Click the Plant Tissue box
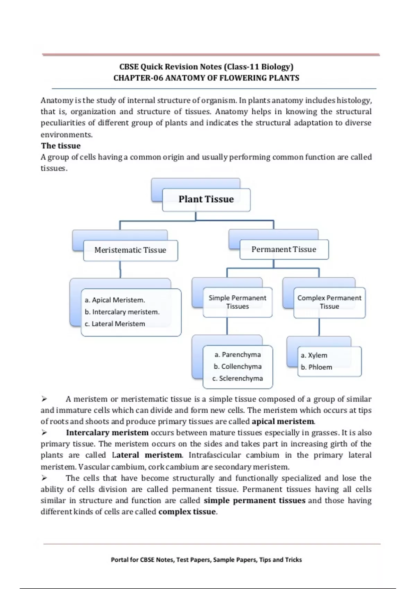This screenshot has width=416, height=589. click(206, 200)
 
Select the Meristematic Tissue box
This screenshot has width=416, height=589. click(130, 250)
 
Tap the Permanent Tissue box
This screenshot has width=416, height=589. click(284, 249)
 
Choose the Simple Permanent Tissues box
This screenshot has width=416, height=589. click(237, 302)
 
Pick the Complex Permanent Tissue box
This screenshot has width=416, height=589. click(329, 302)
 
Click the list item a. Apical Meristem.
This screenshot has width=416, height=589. click(115, 300)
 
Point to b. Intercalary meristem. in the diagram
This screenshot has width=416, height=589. click(122, 312)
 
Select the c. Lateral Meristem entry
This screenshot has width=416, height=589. click(115, 324)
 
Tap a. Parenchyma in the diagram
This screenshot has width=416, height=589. click(237, 355)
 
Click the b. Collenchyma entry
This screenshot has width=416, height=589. click(237, 367)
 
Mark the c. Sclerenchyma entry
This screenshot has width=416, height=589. click(237, 378)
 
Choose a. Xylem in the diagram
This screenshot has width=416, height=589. click(314, 355)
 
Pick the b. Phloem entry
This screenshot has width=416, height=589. click(316, 367)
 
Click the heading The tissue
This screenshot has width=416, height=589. click(61, 146)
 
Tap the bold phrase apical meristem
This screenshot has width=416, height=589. click(283, 422)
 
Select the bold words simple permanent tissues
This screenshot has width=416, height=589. click(254, 501)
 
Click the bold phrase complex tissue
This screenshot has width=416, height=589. click(187, 512)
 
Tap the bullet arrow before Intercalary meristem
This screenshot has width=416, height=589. click(44, 433)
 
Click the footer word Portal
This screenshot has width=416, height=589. click(120, 560)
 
